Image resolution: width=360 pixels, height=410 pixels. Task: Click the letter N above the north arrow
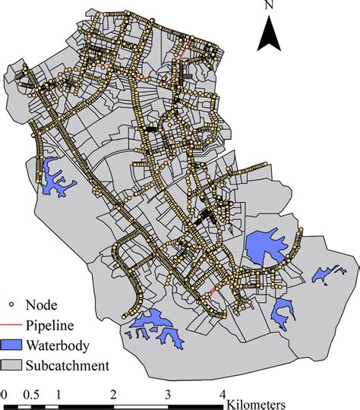tap(270, 6)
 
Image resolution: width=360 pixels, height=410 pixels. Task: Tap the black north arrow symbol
tap(270, 34)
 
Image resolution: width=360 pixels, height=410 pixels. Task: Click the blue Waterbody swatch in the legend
tap(11, 345)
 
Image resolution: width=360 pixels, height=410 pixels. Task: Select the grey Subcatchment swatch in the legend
tap(11, 366)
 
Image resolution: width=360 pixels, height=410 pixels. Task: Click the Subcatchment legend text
tap(68, 366)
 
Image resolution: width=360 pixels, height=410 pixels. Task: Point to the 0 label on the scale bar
tap(4, 395)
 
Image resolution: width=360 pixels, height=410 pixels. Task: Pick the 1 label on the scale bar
tap(58, 395)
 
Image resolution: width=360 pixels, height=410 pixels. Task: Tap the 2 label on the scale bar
tap(112, 395)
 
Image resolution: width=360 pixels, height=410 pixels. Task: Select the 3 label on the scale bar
tap(168, 395)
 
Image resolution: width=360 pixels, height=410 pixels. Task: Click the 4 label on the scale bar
tap(223, 395)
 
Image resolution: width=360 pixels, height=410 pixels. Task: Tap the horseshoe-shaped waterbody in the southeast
tap(284, 310)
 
